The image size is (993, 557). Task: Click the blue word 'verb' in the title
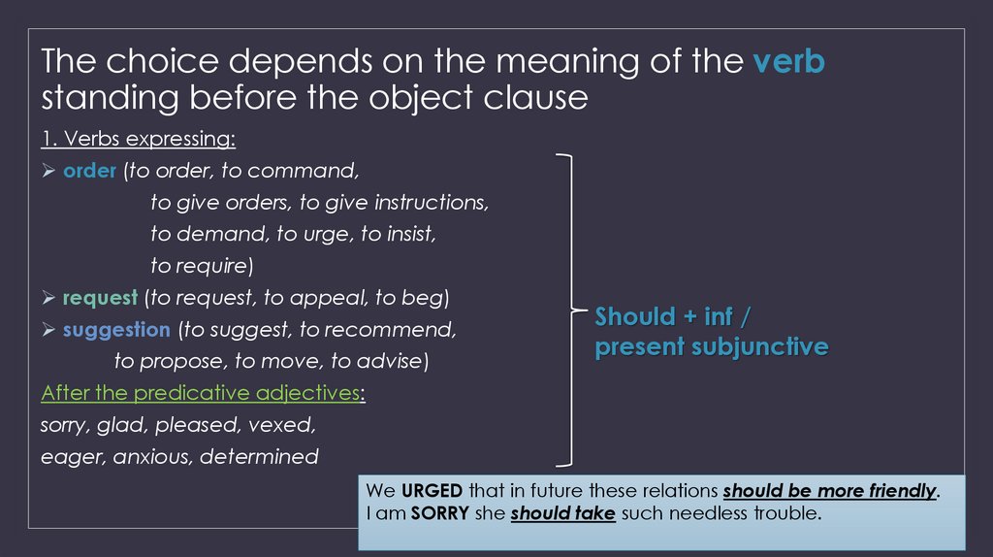[x=788, y=63]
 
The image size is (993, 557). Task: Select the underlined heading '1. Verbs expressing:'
[x=138, y=139]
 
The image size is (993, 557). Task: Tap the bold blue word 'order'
[x=89, y=171]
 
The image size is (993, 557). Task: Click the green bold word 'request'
[x=100, y=298]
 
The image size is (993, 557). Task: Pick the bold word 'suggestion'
[x=115, y=330]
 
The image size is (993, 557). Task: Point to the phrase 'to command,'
[x=303, y=171]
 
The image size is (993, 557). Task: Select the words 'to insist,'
[x=399, y=235]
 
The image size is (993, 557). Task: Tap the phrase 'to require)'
[x=202, y=266]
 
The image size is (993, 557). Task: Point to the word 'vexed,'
[x=282, y=425]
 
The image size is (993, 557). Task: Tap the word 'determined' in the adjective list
[x=259, y=456]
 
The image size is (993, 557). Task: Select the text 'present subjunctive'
[x=711, y=347]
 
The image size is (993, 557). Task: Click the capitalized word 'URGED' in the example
[x=428, y=491]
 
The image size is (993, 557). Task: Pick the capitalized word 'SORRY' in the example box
[x=440, y=512]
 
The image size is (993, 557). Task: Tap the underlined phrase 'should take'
[x=562, y=512]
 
